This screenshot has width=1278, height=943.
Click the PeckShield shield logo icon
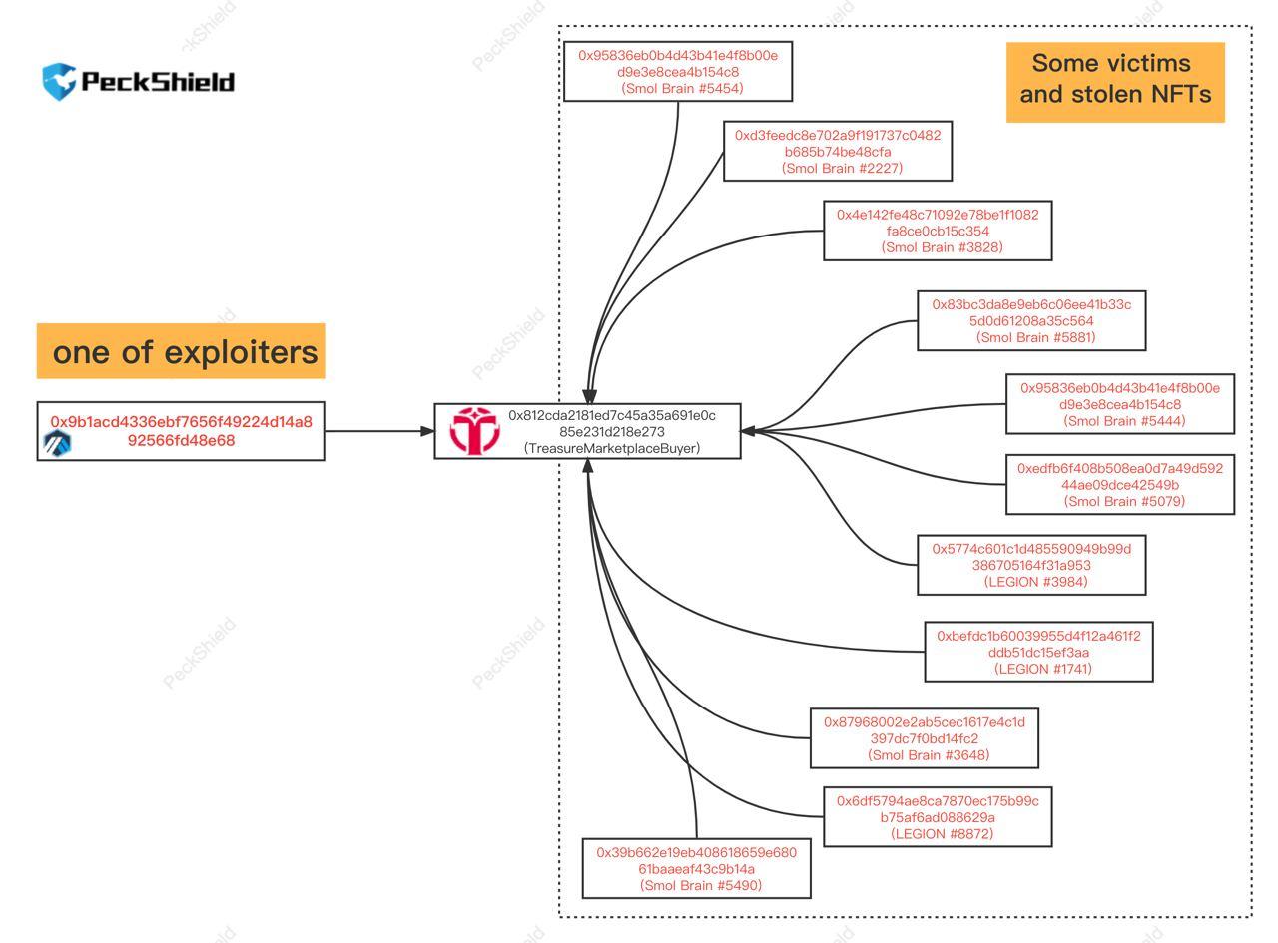tap(58, 81)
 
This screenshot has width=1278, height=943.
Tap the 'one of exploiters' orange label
tap(182, 351)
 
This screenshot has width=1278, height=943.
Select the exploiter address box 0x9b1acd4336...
tap(182, 431)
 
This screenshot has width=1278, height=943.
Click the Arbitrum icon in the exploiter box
tap(57, 444)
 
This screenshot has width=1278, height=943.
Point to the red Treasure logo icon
tap(473, 431)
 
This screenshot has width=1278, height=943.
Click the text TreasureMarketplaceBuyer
tap(611, 449)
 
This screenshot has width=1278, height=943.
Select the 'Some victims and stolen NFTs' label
tap(1115, 80)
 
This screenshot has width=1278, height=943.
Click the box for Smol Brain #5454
tap(678, 72)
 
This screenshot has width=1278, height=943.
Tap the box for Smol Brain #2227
tap(838, 152)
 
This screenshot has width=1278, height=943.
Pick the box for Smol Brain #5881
tap(1031, 320)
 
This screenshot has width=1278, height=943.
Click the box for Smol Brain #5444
tap(1119, 404)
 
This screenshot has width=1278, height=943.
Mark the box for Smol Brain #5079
tap(1119, 484)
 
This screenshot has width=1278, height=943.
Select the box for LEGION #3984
tap(1031, 565)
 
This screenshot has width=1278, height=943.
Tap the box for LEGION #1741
tap(1038, 652)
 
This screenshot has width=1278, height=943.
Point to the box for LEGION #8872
tap(938, 817)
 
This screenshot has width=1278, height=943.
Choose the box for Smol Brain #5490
tap(697, 868)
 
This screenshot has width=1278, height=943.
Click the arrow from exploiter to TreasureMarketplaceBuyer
tap(379, 432)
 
